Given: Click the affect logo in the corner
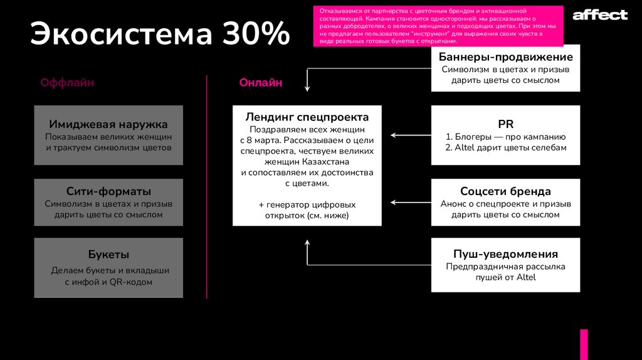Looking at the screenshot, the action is [599, 14].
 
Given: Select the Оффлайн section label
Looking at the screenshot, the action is [67, 83].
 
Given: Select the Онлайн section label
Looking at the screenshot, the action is [260, 83].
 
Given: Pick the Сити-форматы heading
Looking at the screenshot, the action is [108, 191].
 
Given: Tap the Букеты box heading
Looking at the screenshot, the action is [108, 254].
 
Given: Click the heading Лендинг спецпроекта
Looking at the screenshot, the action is [307, 117].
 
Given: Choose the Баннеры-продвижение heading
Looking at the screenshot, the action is [505, 57].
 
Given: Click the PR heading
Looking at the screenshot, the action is [505, 124].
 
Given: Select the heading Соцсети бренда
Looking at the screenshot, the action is [505, 191].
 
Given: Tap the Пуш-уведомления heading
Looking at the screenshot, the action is [505, 254].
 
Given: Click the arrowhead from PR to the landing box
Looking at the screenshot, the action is [393, 135].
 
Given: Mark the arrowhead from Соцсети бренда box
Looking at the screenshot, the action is [393, 202].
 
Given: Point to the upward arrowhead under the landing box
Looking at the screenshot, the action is [307, 241].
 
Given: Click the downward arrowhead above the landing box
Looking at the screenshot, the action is [307, 90].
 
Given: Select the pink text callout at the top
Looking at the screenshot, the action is [438, 26].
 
